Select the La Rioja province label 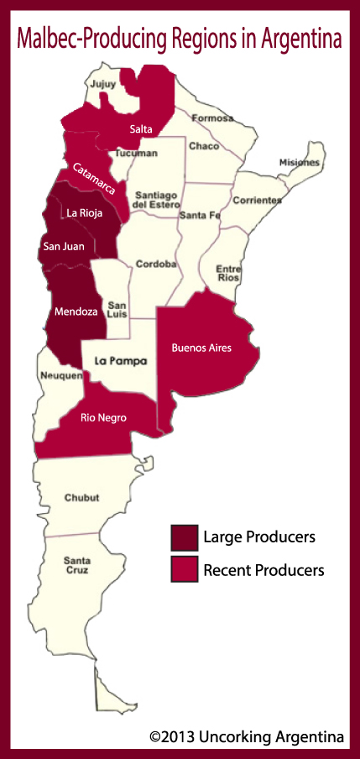tap(85, 213)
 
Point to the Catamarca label tap(94, 179)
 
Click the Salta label tap(141, 128)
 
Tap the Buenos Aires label tap(201, 347)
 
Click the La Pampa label tap(120, 362)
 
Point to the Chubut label tap(81, 498)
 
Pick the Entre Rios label tap(228, 270)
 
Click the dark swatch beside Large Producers tap(183, 537)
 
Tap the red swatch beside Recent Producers tap(183, 569)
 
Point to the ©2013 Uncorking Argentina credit tap(247, 736)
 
